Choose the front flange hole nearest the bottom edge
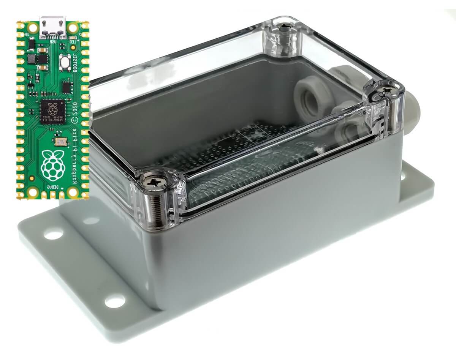click(114, 301)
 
